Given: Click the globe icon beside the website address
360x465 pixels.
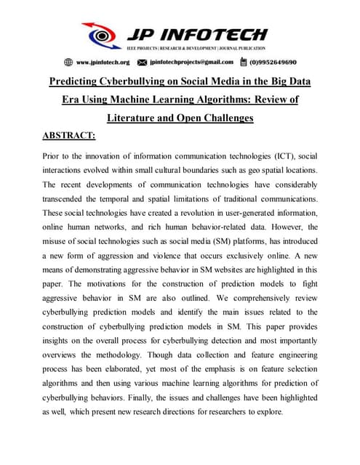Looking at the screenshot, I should coord(68,62).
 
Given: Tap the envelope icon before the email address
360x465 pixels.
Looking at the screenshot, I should coord(143,62).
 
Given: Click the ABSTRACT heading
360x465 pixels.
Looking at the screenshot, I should coord(71,135).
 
